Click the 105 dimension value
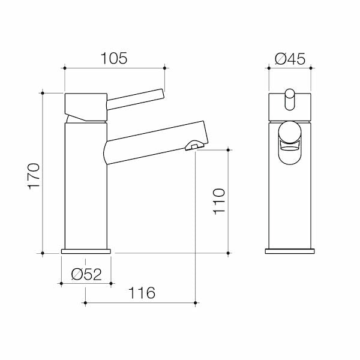pyautogui.click(x=114, y=58)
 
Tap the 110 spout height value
pyautogui.click(x=219, y=202)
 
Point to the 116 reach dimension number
pyautogui.click(x=141, y=293)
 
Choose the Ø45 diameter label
pyautogui.click(x=290, y=58)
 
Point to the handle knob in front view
pyautogui.click(x=290, y=99)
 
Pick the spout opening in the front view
pyautogui.click(x=290, y=139)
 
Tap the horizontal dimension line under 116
pyautogui.click(x=141, y=304)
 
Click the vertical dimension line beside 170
pyautogui.click(x=43, y=174)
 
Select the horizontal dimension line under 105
pyautogui.click(x=114, y=68)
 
